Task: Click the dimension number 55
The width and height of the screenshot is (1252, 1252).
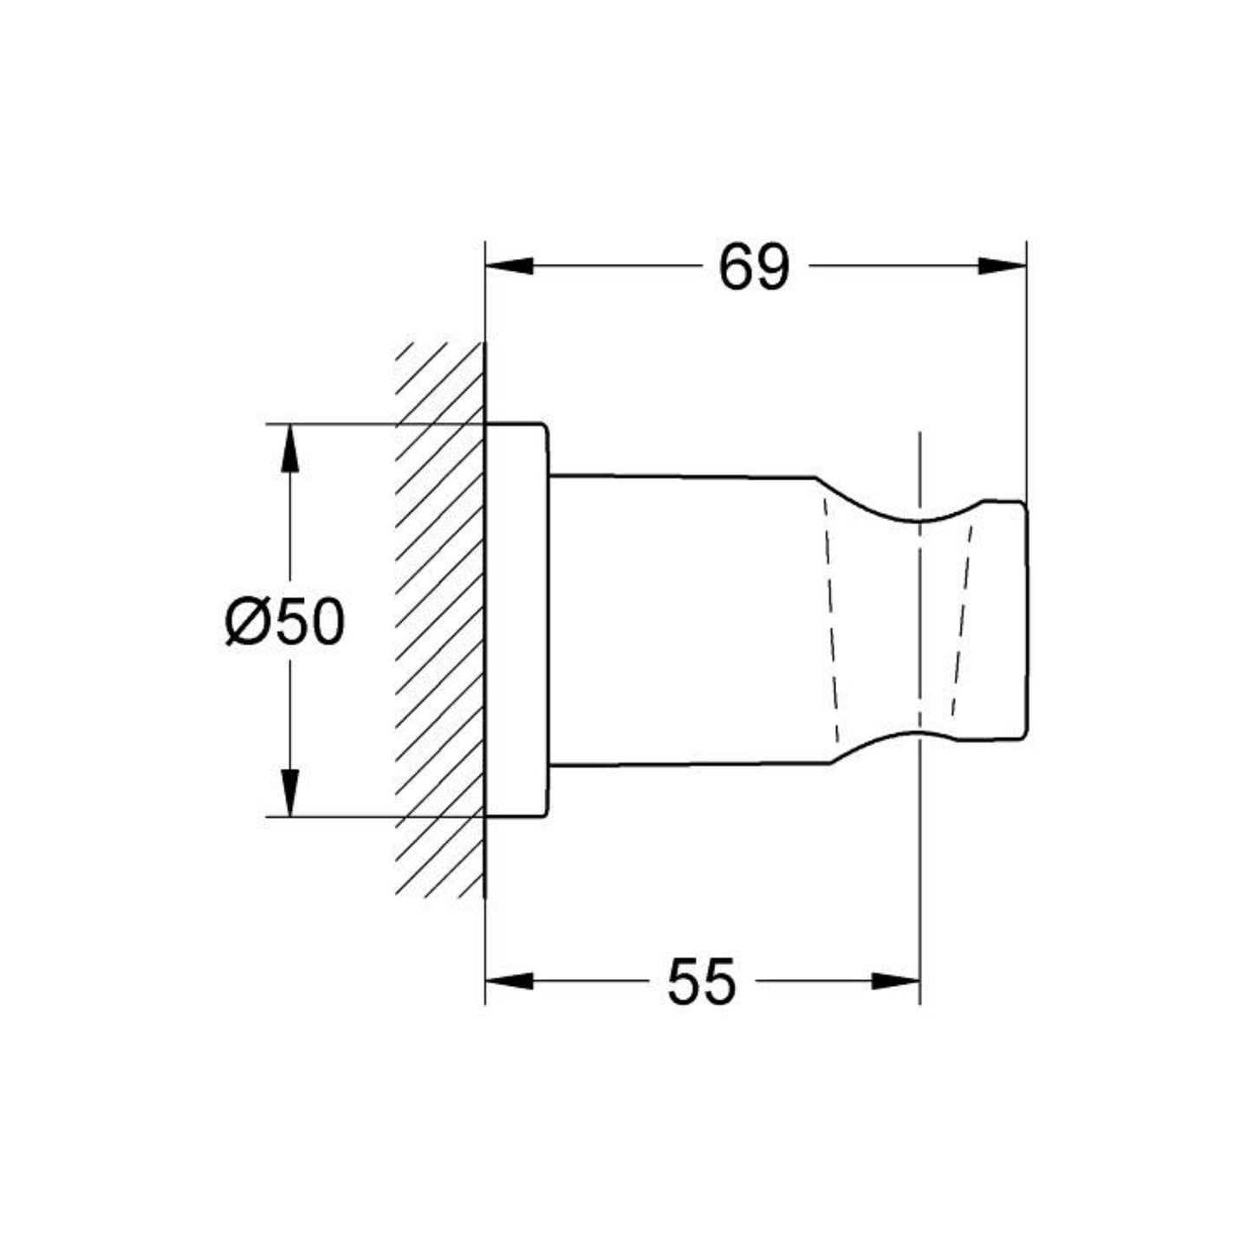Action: pos(701,982)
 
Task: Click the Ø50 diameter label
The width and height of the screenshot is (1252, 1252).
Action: pos(285,621)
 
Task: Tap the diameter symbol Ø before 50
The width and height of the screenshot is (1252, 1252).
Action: pos(243,622)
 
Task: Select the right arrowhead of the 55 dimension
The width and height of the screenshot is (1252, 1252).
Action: pos(895,981)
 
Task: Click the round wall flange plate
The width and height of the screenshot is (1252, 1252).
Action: pos(516,620)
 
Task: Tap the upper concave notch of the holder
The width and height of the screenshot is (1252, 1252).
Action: pos(918,517)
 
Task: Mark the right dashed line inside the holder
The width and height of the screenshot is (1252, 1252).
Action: pos(962,620)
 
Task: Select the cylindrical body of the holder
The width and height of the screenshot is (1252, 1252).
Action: pos(684,620)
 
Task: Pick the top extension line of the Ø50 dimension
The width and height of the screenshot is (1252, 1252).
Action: pos(347,424)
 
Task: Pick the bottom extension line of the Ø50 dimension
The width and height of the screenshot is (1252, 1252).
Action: pos(347,816)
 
